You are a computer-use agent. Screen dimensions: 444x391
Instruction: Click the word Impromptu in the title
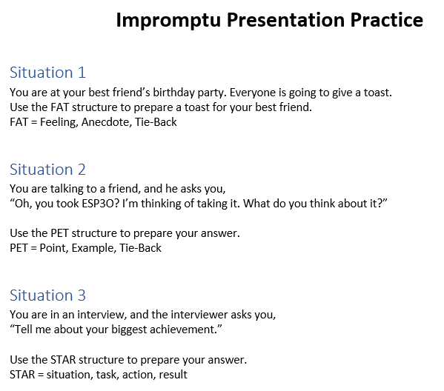point(168,21)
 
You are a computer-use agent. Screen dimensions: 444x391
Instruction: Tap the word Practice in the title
point(387,20)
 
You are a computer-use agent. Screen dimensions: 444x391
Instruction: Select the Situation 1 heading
point(47,73)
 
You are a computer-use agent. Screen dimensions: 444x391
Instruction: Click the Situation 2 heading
point(47,170)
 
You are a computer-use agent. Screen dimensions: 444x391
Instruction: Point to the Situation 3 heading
point(47,295)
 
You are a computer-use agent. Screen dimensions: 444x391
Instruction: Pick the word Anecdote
point(107,122)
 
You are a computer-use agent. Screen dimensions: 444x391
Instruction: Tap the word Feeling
point(59,122)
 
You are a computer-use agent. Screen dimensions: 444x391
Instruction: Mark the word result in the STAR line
point(173,375)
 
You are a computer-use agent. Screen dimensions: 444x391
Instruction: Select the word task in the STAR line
point(107,375)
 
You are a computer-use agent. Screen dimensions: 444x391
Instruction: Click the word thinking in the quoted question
point(161,204)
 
